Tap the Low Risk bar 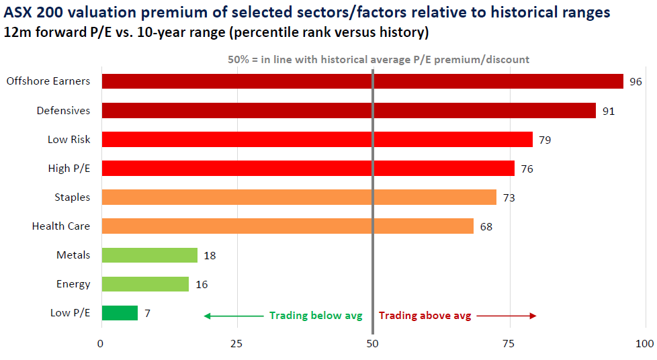pyautogui.click(x=316, y=139)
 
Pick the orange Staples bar pyautogui.click(x=298, y=197)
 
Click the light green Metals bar pyautogui.click(x=149, y=255)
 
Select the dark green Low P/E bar pyautogui.click(x=120, y=313)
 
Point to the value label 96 pyautogui.click(x=636, y=82)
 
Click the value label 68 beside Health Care pyautogui.click(x=486, y=226)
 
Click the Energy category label pyautogui.click(x=73, y=284)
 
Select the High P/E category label pyautogui.click(x=69, y=168)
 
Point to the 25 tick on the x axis pyautogui.click(x=237, y=344)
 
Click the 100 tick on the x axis pyautogui.click(x=644, y=344)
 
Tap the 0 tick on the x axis pyautogui.click(x=101, y=344)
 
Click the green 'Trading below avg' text pyautogui.click(x=316, y=316)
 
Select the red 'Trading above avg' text pyautogui.click(x=425, y=316)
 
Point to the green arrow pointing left pyautogui.click(x=232, y=316)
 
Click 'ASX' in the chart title pyautogui.click(x=19, y=12)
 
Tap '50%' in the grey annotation pyautogui.click(x=238, y=59)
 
